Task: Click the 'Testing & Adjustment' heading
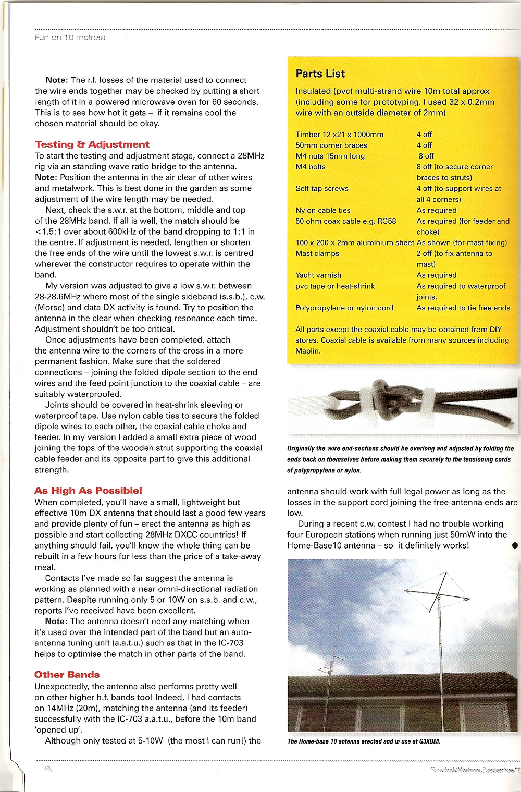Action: pos(92,144)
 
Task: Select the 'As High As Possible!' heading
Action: pos(88,491)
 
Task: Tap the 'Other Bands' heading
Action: pos(67,675)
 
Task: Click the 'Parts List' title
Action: pos(320,74)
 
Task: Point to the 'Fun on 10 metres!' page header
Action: pos(70,38)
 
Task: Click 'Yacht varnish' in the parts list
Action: pos(318,275)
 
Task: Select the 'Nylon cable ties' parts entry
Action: pos(323,210)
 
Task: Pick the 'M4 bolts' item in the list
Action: pos(311,167)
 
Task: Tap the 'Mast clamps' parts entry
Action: pos(317,253)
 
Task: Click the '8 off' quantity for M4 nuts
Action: pos(425,156)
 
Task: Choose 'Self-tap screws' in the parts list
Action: pos(322,188)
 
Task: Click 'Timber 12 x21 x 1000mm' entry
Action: pos(340,135)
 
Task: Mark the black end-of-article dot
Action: pos(515,545)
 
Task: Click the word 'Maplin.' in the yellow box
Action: pos(308,351)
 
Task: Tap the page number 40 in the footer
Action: pos(48,769)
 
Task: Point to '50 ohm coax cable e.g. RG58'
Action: pos(346,221)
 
